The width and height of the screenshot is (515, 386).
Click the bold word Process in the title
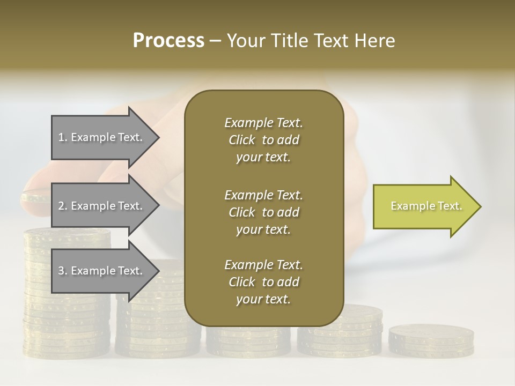168,41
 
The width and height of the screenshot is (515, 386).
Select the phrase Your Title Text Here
311,41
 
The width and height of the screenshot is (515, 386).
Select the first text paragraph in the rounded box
263,140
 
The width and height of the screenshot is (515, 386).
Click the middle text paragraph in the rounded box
263,212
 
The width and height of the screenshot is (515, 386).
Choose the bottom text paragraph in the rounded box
263,282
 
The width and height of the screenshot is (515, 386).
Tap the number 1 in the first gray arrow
61,138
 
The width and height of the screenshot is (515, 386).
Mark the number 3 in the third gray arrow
61,271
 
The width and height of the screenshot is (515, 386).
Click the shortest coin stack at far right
431,340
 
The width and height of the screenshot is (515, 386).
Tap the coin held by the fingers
35,198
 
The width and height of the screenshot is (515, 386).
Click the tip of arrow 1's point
158,138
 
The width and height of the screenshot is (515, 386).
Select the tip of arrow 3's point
158,271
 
